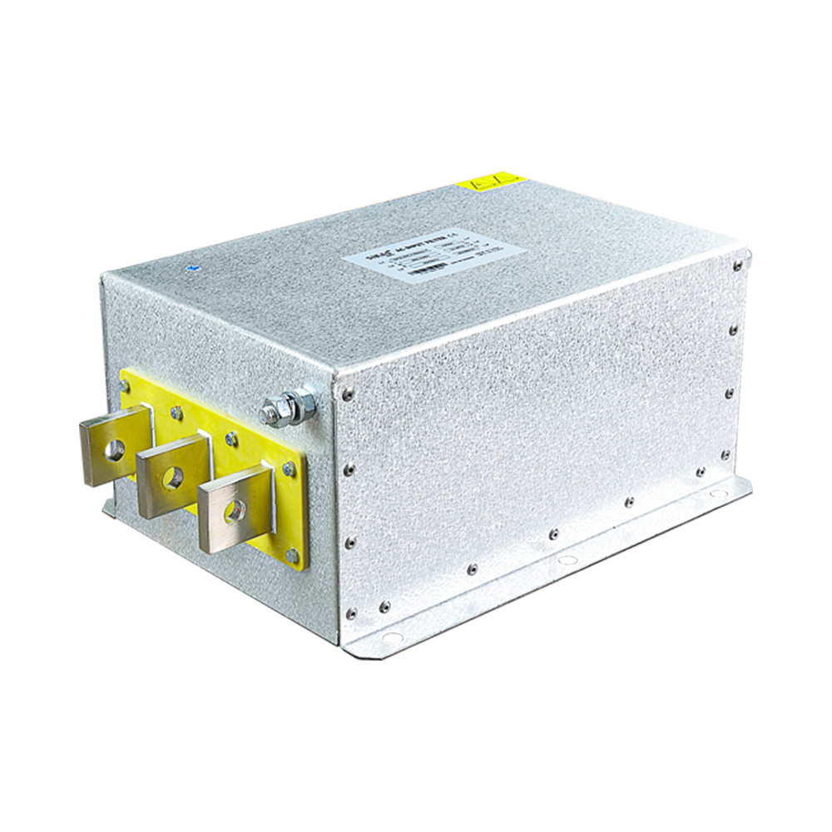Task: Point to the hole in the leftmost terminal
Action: click(113, 449)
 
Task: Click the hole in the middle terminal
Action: click(173, 478)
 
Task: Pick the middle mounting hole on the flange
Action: click(567, 560)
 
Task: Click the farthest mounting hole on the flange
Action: click(716, 493)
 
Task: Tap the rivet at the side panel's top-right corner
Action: click(737, 265)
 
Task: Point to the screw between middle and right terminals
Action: click(232, 438)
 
